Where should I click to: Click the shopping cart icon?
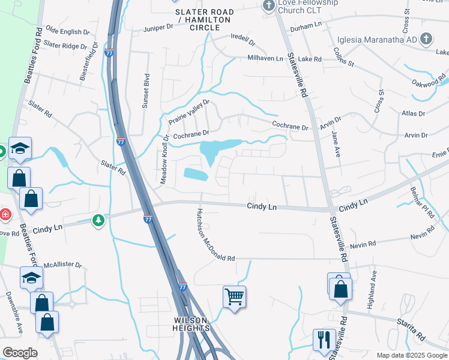pos(234,296)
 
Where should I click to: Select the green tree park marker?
pos(98,221)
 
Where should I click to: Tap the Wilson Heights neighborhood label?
pos(192,324)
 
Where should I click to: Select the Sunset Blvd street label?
pos(145,91)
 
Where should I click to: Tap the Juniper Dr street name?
pos(158,28)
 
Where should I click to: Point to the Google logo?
pos(20,353)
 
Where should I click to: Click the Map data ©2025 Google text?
pos(411,355)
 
